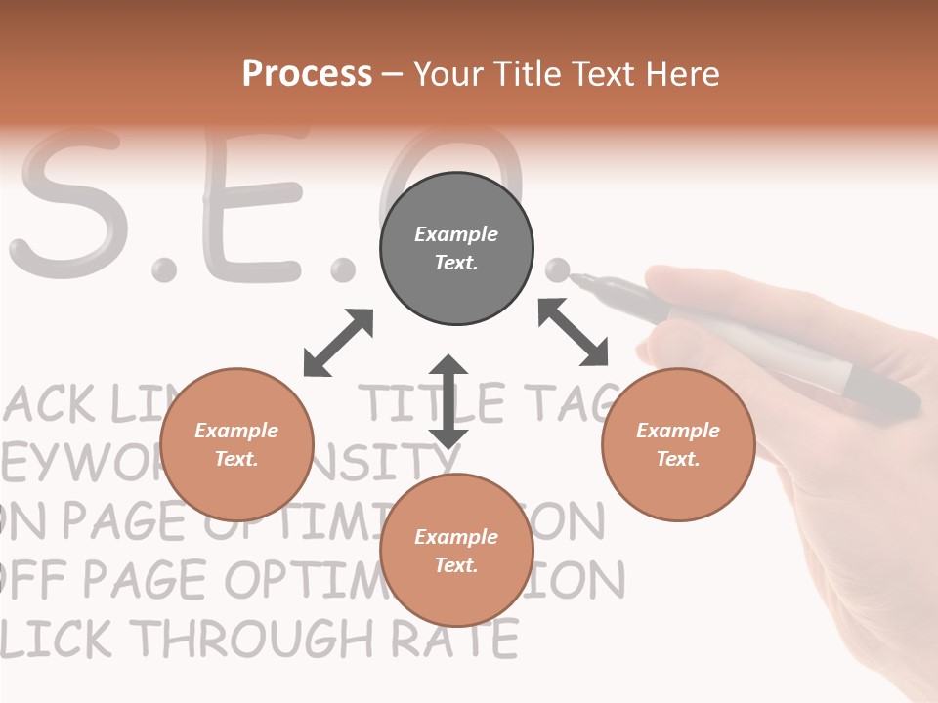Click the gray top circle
coord(456,249)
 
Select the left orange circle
coord(236,444)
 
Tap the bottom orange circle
coord(456,551)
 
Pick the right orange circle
coord(678,444)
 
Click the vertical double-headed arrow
coord(448,401)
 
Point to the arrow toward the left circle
coord(338,343)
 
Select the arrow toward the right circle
coord(574,332)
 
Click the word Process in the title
coord(307,73)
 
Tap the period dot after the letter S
coord(164,269)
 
